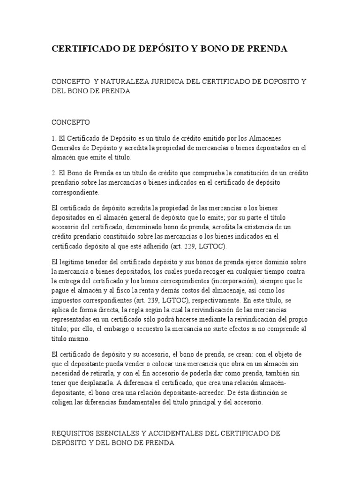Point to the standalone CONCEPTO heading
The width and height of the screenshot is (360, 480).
tap(70, 122)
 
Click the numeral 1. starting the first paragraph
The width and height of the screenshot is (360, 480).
tap(53, 139)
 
